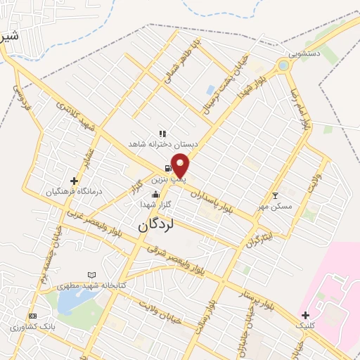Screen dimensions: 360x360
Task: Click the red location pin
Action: click(181, 165)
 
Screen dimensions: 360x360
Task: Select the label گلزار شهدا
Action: click(156, 204)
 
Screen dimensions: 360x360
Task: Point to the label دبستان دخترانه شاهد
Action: click(162, 143)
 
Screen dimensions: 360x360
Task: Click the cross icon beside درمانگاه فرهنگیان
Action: click(74, 181)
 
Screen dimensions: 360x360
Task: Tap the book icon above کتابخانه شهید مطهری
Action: click(91, 275)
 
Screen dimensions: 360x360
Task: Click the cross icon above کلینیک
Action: click(304, 315)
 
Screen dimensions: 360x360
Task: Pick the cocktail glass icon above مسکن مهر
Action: click(275, 195)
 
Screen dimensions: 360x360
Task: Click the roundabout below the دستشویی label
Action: click(283, 66)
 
